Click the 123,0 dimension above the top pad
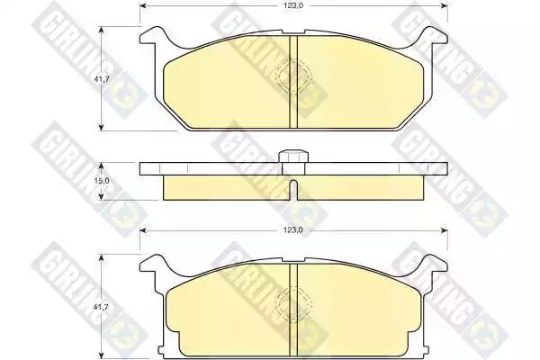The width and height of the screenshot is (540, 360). pyautogui.click(x=293, y=5)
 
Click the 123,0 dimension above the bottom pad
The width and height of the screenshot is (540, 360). pyautogui.click(x=293, y=230)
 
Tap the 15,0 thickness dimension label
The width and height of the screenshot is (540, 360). pyautogui.click(x=102, y=180)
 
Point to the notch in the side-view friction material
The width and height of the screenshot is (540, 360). pyautogui.click(x=293, y=190)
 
